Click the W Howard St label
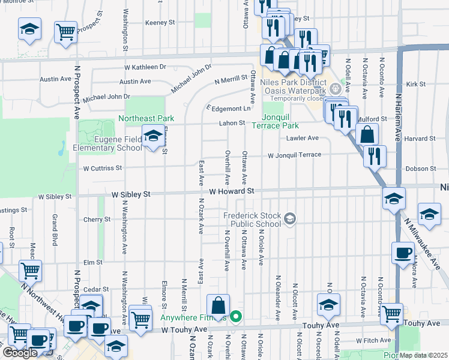pos(232,191)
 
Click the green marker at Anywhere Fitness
pos(237,316)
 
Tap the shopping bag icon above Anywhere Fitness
pos(219,305)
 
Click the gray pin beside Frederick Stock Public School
pos(290,218)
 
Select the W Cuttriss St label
pos(103,169)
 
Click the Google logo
pos(20,353)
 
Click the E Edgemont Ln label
pos(228,109)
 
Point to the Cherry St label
pos(98,220)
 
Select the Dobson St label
pos(415,169)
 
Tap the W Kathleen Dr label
pos(145,67)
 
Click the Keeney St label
pos(160,22)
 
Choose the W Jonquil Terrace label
pos(294,155)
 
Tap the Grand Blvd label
pos(54,223)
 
